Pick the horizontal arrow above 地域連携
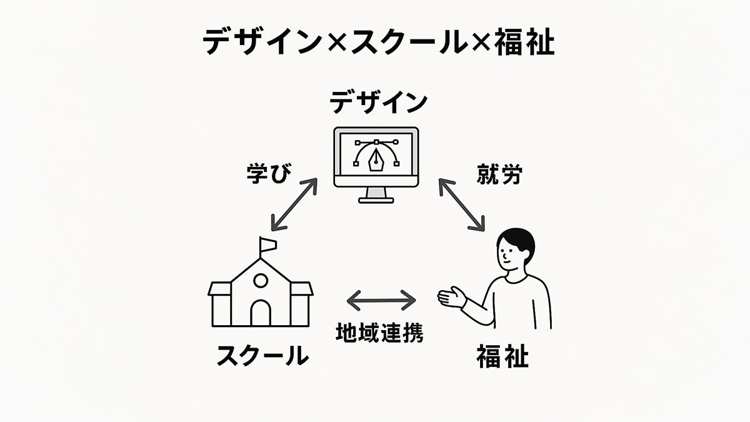[x=381, y=300]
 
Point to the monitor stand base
[x=377, y=199]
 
